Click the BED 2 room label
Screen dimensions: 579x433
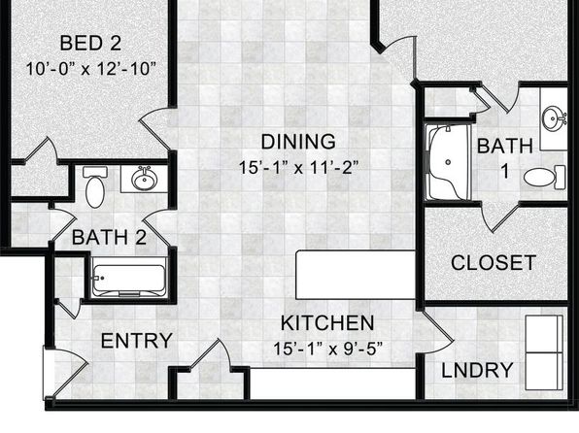pos(90,43)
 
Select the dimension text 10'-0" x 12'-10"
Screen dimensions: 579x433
pos(91,69)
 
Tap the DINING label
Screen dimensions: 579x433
pos(298,142)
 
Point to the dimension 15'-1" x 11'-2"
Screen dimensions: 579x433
pos(299,168)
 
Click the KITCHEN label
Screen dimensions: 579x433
pos(327,323)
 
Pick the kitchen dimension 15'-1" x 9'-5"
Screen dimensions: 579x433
pos(328,349)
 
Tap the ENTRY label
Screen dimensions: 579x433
pos(137,341)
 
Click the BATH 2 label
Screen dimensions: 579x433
pos(110,237)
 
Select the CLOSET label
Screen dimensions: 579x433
pos(494,263)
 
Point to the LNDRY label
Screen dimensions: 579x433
pos(477,370)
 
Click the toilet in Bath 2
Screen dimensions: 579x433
pos(95,186)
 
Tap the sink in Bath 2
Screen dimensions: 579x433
pos(145,179)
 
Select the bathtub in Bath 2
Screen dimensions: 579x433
pos(128,281)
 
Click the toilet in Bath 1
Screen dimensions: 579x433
pos(544,178)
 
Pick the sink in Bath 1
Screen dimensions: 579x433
pos(554,117)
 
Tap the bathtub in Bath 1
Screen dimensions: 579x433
pos(448,163)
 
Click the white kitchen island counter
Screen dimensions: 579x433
pos(356,275)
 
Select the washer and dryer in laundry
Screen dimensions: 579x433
pos(544,352)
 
